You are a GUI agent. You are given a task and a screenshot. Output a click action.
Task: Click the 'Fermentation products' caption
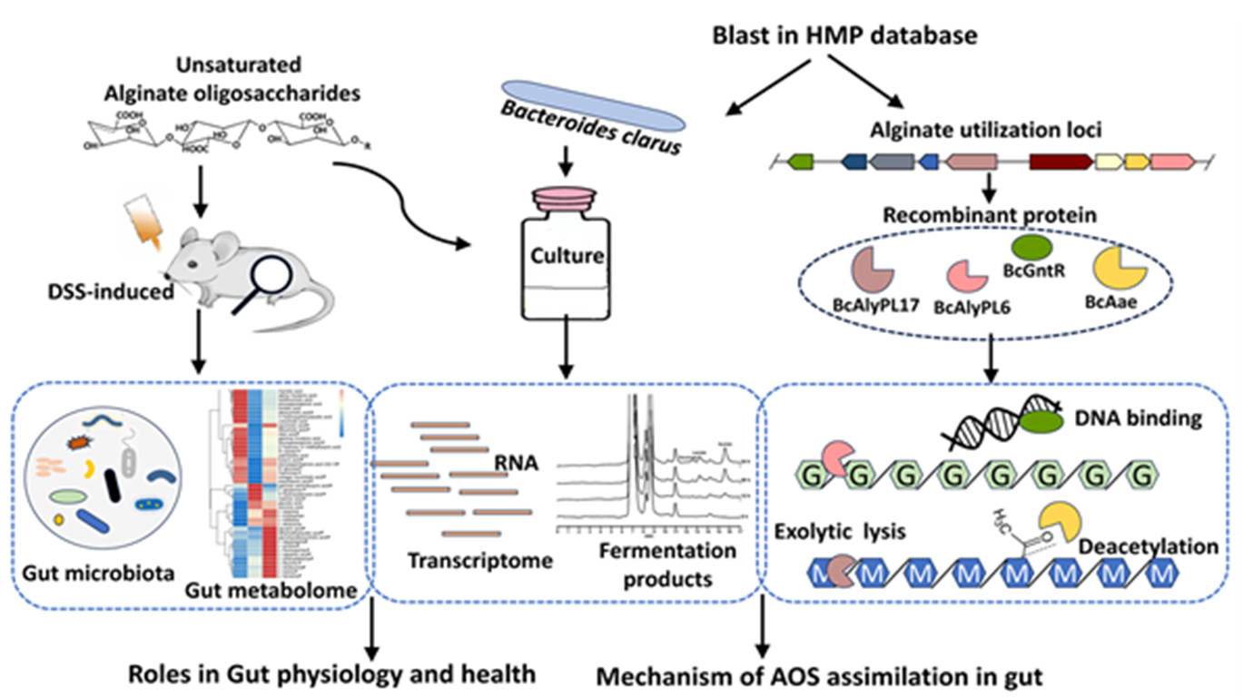[667, 564]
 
